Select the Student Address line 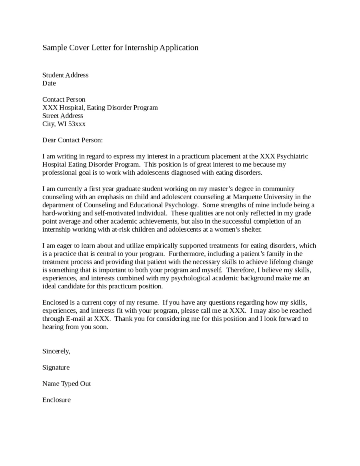point(65,75)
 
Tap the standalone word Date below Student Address point(49,83)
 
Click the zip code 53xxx point(77,124)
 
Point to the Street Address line point(63,116)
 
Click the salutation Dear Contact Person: point(72,140)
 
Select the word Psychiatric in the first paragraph point(292,156)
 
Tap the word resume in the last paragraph point(137,302)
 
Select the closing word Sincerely point(56,351)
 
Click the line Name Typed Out point(66,384)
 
